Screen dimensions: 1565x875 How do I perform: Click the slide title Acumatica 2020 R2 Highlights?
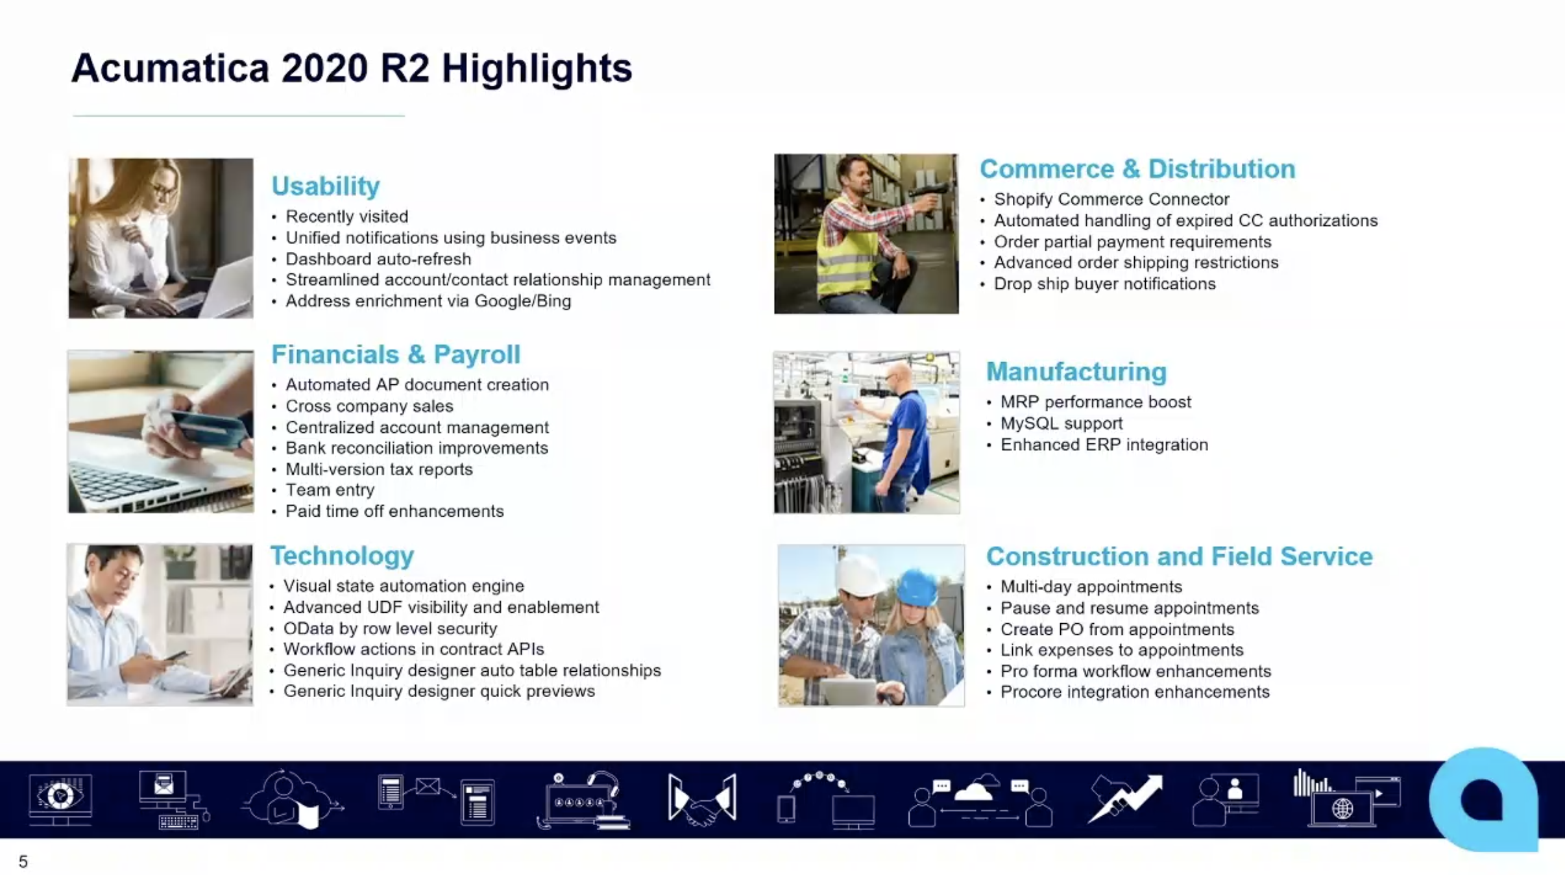tap(352, 68)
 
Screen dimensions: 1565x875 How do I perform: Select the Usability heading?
tap(326, 186)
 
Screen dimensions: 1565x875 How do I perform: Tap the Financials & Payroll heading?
tap(396, 354)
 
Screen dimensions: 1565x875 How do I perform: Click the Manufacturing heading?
tap(1076, 372)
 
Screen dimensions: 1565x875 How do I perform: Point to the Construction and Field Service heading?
tap(1180, 556)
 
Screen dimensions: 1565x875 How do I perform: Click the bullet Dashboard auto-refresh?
tap(378, 259)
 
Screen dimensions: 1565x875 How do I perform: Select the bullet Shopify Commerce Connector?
tap(1111, 199)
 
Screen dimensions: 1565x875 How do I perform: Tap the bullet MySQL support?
tap(1062, 423)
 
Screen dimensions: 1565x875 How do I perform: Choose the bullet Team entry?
tap(330, 490)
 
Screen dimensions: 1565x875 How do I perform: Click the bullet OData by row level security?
tap(390, 628)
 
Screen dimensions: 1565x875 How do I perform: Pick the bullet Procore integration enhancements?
tap(1135, 692)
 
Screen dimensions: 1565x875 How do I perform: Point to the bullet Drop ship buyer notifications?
tap(1105, 284)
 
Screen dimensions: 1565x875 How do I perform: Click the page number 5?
tap(23, 861)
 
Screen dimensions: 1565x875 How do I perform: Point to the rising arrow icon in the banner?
tap(1125, 798)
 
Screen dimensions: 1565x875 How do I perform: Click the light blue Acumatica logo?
tap(1483, 799)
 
